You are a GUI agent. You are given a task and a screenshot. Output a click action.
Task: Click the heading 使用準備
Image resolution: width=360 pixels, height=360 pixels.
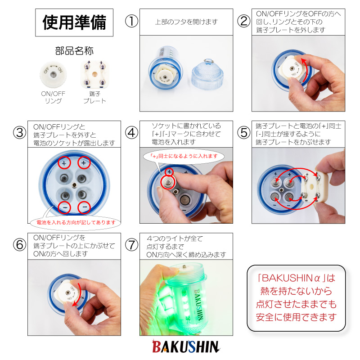pos(74,22)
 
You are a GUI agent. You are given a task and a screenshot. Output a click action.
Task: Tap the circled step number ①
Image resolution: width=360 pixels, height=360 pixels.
pos(131,21)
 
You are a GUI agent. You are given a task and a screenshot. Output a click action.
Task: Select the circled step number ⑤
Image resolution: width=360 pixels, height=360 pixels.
pos(243,133)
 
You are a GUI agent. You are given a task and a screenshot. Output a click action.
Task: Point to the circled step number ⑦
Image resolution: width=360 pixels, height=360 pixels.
pos(131,245)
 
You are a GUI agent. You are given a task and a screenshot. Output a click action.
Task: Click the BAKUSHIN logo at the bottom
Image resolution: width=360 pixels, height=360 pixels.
pos(186,346)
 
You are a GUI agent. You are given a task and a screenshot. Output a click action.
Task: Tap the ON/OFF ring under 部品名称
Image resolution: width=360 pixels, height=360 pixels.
pos(53,74)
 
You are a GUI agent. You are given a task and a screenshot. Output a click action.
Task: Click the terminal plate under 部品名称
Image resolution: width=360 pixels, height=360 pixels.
pos(94,74)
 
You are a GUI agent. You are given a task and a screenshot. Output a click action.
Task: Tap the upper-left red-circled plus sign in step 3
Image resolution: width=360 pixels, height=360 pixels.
pos(64,163)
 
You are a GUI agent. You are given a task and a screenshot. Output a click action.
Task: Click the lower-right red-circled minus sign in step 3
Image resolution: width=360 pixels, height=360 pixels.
pos(84,207)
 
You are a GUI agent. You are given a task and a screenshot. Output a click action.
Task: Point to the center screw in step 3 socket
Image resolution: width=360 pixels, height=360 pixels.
pos(74,185)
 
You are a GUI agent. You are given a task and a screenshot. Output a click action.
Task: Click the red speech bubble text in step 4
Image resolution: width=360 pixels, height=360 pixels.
pos(184,156)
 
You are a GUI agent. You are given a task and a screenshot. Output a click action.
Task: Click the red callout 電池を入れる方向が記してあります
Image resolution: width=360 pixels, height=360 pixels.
pos(76,222)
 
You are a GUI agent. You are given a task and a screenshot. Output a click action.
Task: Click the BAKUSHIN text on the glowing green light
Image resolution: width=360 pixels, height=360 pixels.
pos(198,304)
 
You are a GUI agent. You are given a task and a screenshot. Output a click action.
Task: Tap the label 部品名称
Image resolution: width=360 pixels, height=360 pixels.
pos(74,51)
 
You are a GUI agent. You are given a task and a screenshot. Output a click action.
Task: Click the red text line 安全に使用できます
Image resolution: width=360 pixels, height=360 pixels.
pos(296,317)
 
